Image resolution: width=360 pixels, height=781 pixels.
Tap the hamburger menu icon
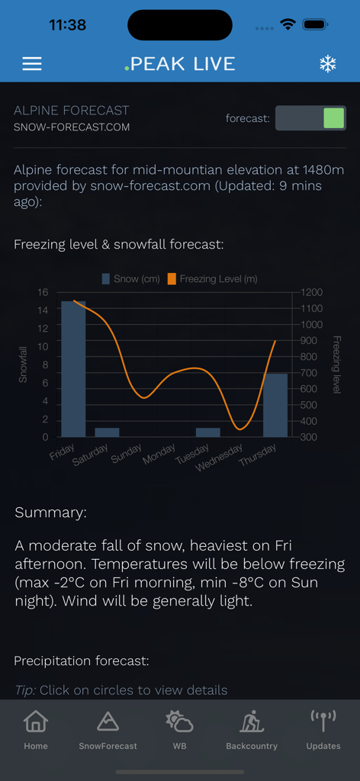point(32,64)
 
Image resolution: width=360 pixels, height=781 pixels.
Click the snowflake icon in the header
point(327,64)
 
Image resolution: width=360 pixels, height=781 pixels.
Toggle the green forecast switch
point(310,118)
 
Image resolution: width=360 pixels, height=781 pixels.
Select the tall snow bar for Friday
point(74,368)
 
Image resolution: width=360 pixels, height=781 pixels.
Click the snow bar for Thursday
point(275,405)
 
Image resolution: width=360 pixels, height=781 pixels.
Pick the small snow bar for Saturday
point(107,432)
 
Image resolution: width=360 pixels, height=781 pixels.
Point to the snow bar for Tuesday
point(207,432)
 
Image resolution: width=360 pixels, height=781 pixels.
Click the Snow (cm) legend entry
point(131,279)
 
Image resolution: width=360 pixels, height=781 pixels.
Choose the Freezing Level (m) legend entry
point(213,279)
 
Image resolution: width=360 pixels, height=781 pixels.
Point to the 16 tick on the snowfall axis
point(43,292)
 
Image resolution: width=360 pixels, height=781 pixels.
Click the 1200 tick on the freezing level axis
point(311,292)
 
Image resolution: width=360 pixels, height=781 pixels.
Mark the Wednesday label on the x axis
point(219,455)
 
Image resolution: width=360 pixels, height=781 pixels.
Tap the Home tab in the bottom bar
point(36,730)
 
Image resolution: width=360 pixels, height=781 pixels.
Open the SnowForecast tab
point(108,730)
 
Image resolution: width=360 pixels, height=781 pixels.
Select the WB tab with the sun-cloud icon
point(179,730)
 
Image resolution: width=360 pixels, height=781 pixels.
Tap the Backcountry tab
point(252,730)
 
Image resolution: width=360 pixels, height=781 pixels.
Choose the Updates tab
point(323,730)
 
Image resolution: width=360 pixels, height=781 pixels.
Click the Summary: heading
point(51,513)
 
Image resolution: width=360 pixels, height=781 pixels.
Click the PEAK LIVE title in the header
point(180,64)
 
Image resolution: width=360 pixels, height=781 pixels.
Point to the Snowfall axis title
point(23,365)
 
